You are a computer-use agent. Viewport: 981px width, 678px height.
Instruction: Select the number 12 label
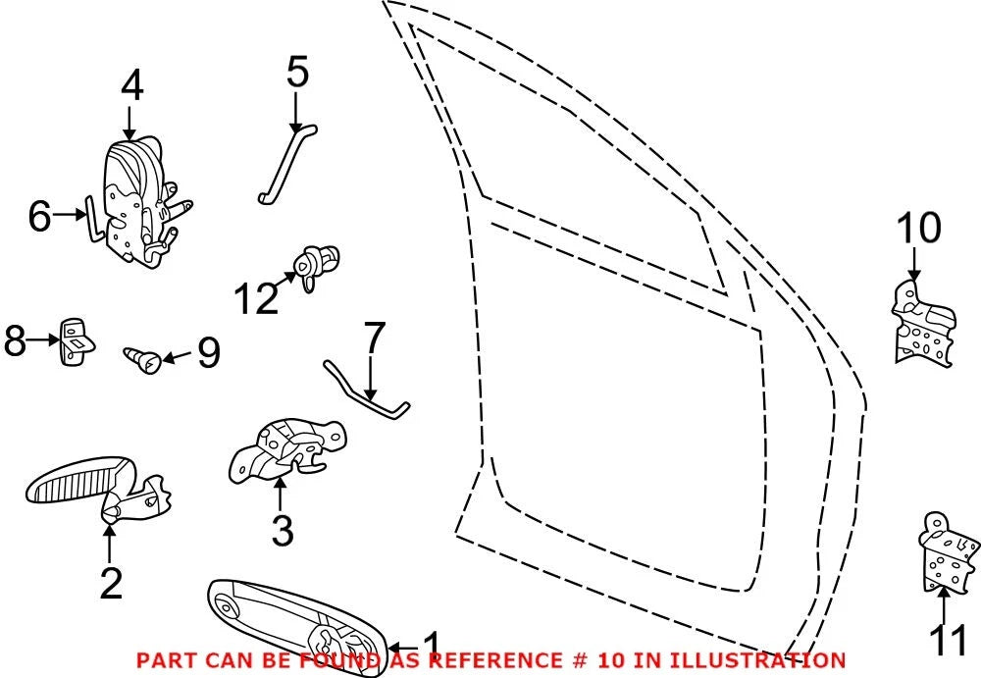256,298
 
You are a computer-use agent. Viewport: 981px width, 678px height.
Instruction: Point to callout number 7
374,339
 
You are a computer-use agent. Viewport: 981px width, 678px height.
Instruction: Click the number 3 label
283,530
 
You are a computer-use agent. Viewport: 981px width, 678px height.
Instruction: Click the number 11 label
948,639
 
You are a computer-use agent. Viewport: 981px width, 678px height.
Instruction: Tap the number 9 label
208,352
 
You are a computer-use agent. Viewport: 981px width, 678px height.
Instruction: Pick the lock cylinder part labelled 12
316,266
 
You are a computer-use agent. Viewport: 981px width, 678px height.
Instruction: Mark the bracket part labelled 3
286,450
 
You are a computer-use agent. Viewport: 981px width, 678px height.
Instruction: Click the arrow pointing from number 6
69,215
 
